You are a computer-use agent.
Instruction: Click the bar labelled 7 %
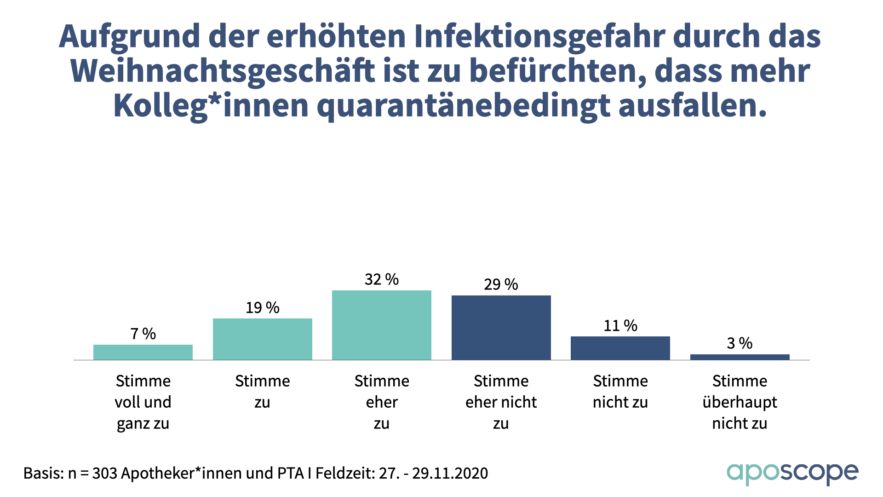[143, 352]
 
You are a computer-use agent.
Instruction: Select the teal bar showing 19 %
[262, 339]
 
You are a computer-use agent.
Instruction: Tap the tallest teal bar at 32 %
[382, 325]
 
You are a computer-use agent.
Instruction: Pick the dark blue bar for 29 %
[501, 328]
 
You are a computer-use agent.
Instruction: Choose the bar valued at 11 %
[620, 348]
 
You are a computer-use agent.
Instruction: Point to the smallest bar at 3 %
[740, 357]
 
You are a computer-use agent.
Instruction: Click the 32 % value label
[382, 279]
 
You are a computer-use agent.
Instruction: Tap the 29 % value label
[501, 284]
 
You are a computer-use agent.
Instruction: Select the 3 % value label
[740, 343]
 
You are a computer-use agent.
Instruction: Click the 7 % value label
[143, 334]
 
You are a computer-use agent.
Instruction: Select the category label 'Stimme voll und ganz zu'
[143, 402]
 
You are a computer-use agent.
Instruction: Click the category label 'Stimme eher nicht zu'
[501, 402]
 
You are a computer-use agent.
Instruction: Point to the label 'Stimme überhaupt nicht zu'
[740, 402]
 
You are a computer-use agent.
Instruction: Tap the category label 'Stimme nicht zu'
[620, 392]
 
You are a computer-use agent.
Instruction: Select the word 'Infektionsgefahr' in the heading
[539, 36]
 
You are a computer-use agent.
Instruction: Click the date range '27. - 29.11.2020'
[433, 473]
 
